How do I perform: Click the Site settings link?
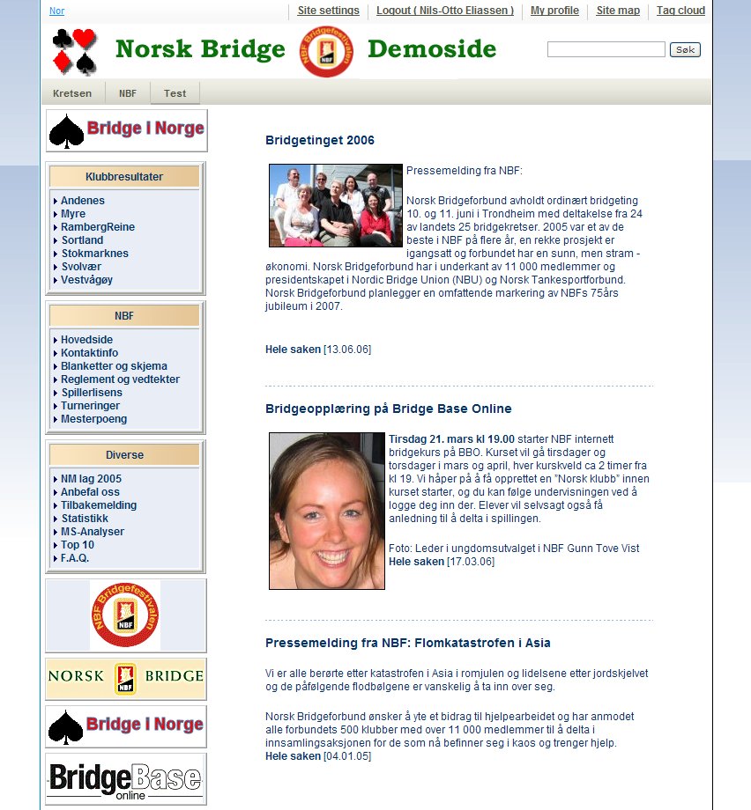(x=328, y=11)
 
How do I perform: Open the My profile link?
(x=554, y=11)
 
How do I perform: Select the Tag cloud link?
(x=680, y=11)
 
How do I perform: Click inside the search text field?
(x=606, y=49)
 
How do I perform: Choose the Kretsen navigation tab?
(x=72, y=93)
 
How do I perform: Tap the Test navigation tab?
(x=175, y=93)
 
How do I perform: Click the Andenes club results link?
(x=83, y=201)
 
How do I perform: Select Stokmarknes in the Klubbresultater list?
(x=94, y=254)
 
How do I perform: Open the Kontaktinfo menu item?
(x=89, y=353)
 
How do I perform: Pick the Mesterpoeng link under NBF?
(x=93, y=419)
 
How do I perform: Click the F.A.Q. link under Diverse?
(x=75, y=558)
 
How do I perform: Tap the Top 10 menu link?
(x=78, y=545)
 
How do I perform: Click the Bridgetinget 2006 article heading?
(x=320, y=140)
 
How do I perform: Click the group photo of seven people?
(x=335, y=205)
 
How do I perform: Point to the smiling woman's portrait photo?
(x=327, y=511)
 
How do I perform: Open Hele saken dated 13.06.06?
(x=294, y=350)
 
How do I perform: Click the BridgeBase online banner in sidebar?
(x=126, y=779)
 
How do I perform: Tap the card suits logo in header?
(x=74, y=51)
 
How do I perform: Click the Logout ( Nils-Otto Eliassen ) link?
(x=444, y=11)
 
